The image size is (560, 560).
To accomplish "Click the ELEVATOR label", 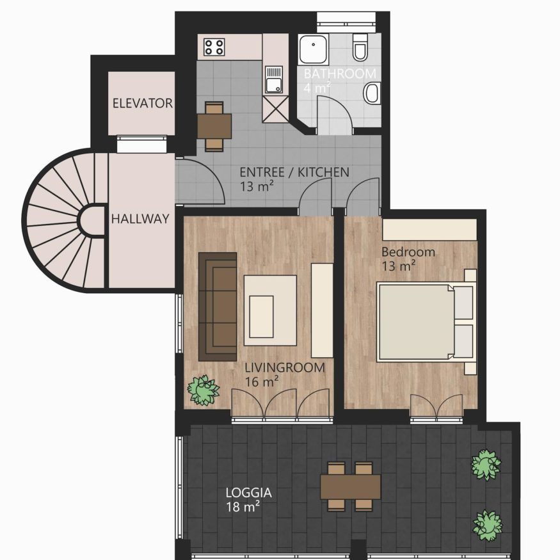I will pyautogui.click(x=142, y=103).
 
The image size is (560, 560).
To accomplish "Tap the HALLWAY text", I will pyautogui.click(x=140, y=219).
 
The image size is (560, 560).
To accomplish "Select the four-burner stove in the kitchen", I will pyautogui.click(x=214, y=47).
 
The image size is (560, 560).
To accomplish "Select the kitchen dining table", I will pyautogui.click(x=214, y=126).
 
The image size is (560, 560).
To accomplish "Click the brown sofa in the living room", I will pyautogui.click(x=218, y=307).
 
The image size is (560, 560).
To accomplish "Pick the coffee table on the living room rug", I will pyautogui.click(x=261, y=316).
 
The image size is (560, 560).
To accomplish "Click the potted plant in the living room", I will pyautogui.click(x=204, y=390).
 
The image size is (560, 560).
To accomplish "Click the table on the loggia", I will pyautogui.click(x=351, y=486).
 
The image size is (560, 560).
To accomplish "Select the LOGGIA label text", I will pyautogui.click(x=248, y=493).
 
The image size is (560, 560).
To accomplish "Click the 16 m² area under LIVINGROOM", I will pyautogui.click(x=261, y=382).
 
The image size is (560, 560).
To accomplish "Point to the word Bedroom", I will pyautogui.click(x=408, y=252).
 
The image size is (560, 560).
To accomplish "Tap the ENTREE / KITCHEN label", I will pyautogui.click(x=294, y=172).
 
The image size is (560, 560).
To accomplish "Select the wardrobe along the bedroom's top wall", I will pyautogui.click(x=429, y=230).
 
